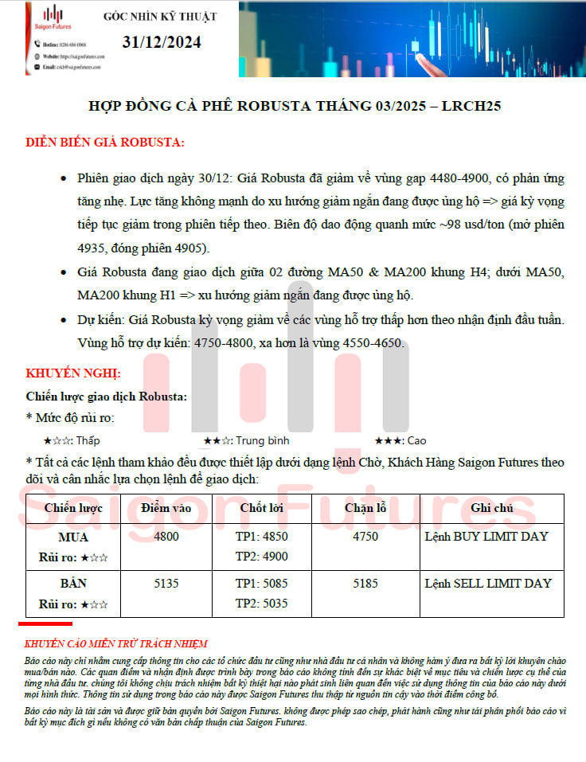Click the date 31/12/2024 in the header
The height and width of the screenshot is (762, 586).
click(x=162, y=42)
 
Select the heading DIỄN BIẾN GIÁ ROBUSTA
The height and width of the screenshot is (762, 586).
click(x=105, y=143)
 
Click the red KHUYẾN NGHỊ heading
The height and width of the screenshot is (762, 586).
click(x=73, y=373)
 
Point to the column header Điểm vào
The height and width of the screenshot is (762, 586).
click(x=166, y=508)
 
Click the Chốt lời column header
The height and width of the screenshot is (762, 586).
click(x=263, y=508)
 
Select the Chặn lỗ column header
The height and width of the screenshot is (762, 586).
click(x=365, y=508)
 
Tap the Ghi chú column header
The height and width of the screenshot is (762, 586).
click(x=492, y=508)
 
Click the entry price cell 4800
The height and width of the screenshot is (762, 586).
click(x=166, y=537)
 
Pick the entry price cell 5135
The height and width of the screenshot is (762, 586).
click(x=166, y=584)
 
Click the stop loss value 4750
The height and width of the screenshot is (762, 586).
click(x=365, y=537)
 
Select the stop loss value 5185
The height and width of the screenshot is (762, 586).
click(x=365, y=584)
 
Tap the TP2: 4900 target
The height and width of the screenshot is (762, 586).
click(x=262, y=557)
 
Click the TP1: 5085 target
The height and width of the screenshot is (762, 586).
click(x=262, y=584)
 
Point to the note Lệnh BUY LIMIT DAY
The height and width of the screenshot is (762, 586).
click(x=486, y=537)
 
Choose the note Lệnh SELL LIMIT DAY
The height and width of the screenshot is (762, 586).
click(x=488, y=584)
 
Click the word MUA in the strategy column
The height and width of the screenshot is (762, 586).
click(x=73, y=537)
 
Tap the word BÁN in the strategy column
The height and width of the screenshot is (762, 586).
click(x=73, y=584)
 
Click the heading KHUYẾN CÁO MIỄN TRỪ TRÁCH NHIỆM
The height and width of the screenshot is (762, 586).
click(x=116, y=643)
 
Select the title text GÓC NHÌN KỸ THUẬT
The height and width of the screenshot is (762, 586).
click(x=160, y=16)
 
